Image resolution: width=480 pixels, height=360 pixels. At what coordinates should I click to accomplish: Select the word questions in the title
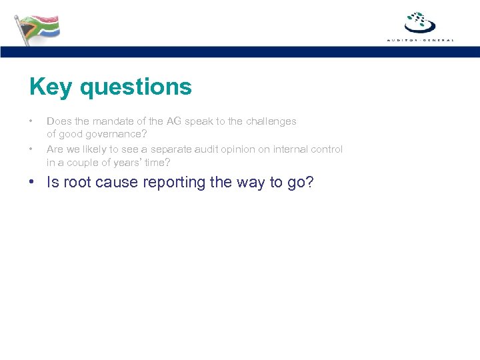(135, 87)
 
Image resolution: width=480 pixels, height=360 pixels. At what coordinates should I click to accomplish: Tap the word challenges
(269, 121)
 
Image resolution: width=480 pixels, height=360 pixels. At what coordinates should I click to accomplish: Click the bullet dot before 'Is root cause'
(32, 183)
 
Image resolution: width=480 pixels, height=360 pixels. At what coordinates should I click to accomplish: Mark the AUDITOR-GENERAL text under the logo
(420, 40)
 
